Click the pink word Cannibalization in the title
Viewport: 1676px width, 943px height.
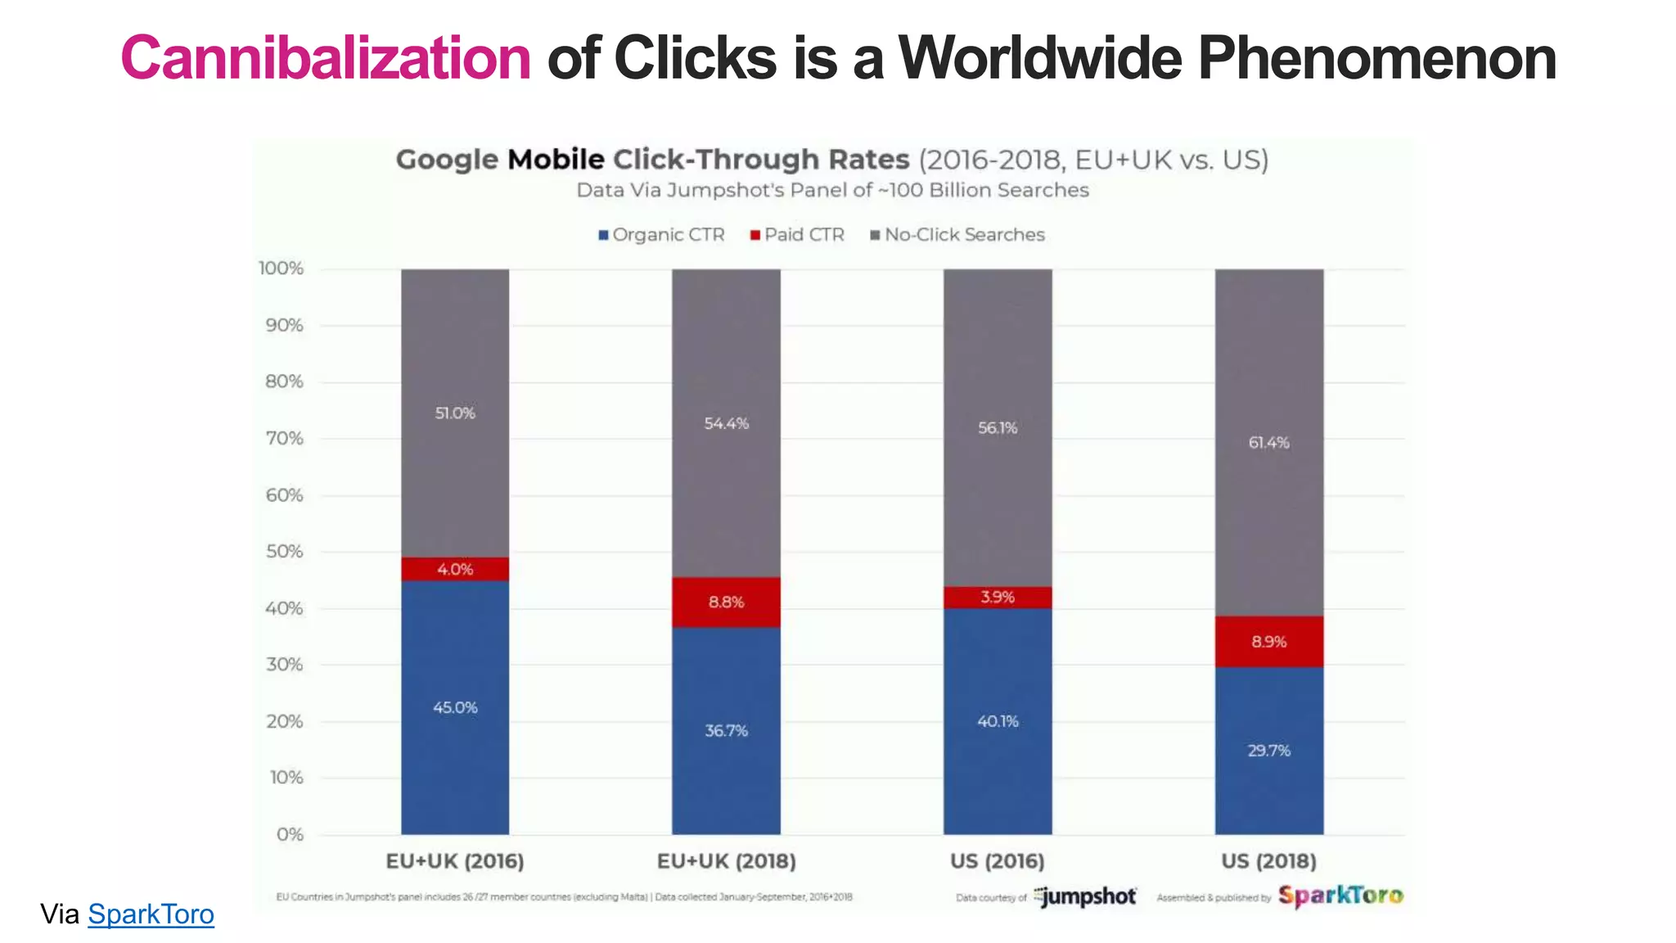click(326, 59)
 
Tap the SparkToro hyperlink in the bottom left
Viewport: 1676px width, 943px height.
click(151, 914)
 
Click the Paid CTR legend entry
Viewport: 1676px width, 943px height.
click(797, 235)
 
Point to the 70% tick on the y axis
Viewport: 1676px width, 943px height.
click(284, 439)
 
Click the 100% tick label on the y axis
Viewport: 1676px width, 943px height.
click(281, 268)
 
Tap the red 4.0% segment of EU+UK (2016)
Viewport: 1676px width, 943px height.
click(455, 569)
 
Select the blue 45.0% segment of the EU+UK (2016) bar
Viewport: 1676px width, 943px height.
click(455, 707)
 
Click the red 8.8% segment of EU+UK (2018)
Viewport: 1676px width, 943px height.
click(726, 602)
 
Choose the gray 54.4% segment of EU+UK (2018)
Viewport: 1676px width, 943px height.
click(726, 423)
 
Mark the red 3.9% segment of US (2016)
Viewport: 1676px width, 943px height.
click(998, 597)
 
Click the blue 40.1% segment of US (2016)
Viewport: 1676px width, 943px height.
click(998, 721)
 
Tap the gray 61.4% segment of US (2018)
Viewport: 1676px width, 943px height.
click(1268, 443)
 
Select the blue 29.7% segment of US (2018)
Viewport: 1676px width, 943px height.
click(1268, 751)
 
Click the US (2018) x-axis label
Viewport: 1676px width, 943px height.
click(1268, 861)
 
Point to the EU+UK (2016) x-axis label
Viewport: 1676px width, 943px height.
click(455, 861)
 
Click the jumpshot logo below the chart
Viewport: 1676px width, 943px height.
click(1085, 897)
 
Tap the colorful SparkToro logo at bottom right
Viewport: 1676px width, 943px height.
click(1340, 896)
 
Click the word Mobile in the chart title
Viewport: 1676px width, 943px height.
click(556, 160)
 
